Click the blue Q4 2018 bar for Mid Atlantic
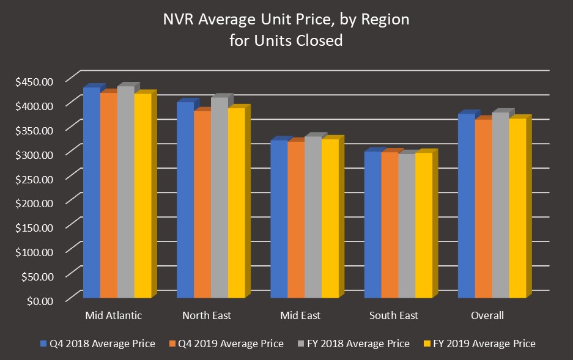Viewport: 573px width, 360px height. point(91,193)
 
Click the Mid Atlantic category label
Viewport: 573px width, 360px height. point(114,315)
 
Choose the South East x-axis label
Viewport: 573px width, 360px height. point(394,315)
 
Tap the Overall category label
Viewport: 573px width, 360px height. point(487,315)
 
